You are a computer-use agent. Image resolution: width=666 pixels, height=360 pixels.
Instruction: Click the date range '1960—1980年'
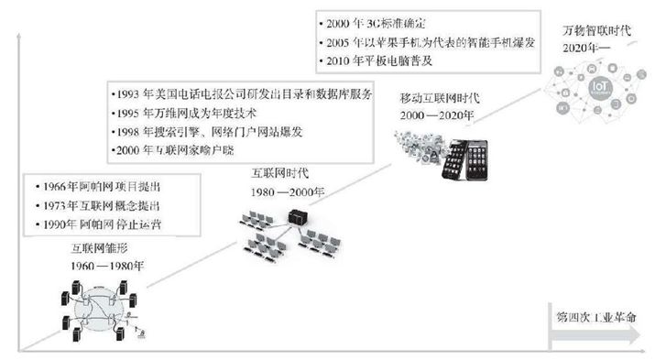[109, 266]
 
